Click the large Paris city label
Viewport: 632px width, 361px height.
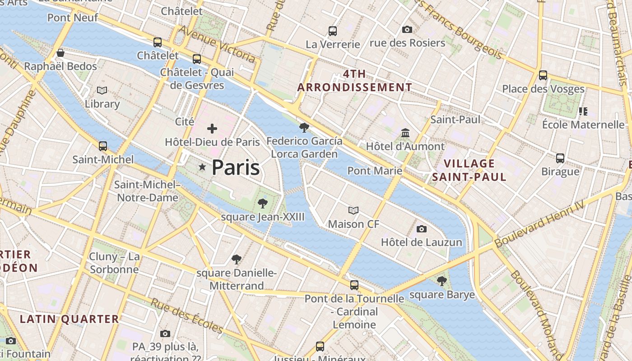click(x=235, y=167)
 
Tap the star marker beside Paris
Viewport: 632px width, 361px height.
click(x=202, y=168)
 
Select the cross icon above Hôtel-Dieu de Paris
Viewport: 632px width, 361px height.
click(x=212, y=129)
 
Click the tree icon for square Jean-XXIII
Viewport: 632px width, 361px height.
click(x=262, y=204)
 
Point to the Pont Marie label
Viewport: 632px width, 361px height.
click(x=374, y=171)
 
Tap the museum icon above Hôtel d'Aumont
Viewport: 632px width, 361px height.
click(x=405, y=133)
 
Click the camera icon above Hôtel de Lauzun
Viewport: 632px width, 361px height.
click(x=422, y=229)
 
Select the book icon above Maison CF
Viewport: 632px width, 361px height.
click(x=353, y=210)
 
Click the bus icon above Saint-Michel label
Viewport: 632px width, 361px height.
click(x=103, y=146)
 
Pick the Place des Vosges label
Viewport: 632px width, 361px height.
click(x=543, y=89)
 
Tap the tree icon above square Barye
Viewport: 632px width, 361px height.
click(x=442, y=281)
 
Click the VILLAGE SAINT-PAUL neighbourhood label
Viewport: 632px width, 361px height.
click(x=469, y=170)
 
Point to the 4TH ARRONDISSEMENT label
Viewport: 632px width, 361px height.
click(x=354, y=81)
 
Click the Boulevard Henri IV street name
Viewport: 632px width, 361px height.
click(x=539, y=224)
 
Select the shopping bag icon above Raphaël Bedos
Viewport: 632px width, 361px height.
click(x=60, y=53)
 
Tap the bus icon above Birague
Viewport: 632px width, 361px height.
click(x=560, y=158)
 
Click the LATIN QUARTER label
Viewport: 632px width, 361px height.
click(x=69, y=319)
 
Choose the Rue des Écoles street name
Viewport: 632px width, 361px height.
click(x=187, y=315)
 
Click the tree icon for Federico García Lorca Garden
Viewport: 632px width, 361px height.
click(x=304, y=128)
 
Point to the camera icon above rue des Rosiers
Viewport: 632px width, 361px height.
click(x=407, y=29)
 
